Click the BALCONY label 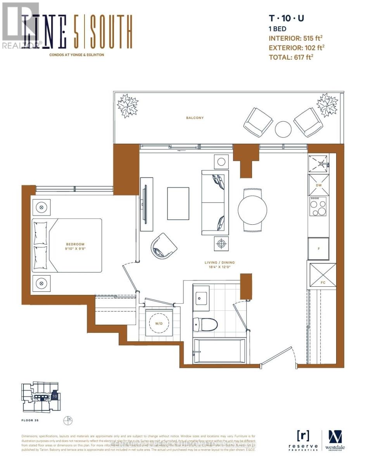pyautogui.click(x=195, y=118)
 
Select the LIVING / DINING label pyautogui.click(x=220, y=262)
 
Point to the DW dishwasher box pyautogui.click(x=319, y=185)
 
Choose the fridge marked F pyautogui.click(x=318, y=248)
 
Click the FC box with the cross pyautogui.click(x=323, y=275)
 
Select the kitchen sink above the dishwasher pyautogui.click(x=319, y=164)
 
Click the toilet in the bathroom pyautogui.click(x=205, y=324)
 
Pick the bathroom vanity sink pyautogui.click(x=201, y=298)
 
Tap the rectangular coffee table pyautogui.click(x=178, y=203)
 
